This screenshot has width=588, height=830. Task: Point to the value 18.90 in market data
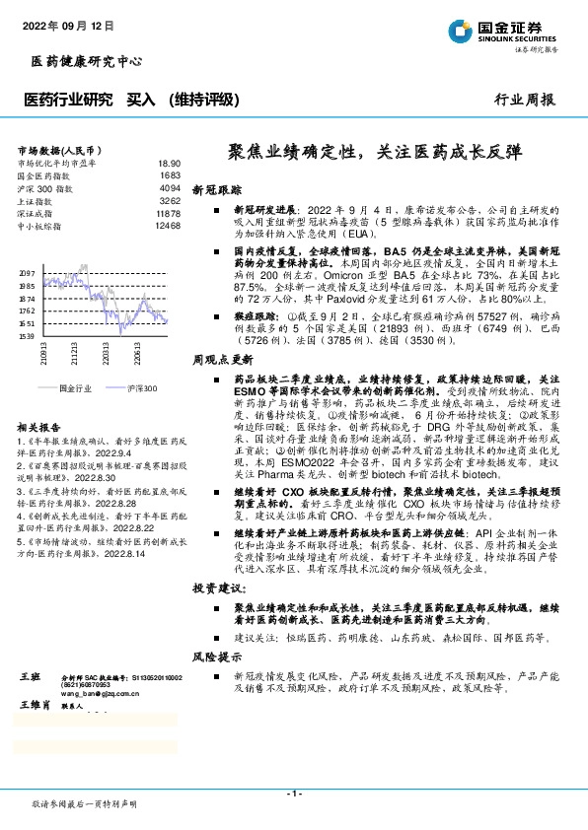pyautogui.click(x=169, y=163)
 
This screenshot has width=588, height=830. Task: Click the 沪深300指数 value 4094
pyautogui.click(x=169, y=187)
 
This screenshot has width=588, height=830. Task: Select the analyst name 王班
pyautogui.click(x=30, y=679)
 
